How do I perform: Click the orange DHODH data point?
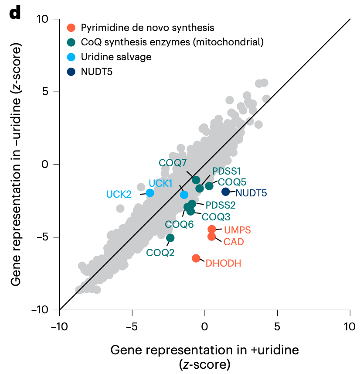click(x=196, y=258)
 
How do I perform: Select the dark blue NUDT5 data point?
click(x=226, y=192)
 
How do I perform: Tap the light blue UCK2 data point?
click(x=150, y=193)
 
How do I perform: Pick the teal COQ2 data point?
click(x=170, y=238)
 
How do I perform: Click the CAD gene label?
click(x=234, y=242)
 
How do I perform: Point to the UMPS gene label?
click(x=238, y=230)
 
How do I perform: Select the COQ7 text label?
click(x=173, y=163)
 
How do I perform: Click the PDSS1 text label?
click(x=227, y=171)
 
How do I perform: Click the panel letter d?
click(x=15, y=13)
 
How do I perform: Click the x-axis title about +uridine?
click(x=204, y=356)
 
